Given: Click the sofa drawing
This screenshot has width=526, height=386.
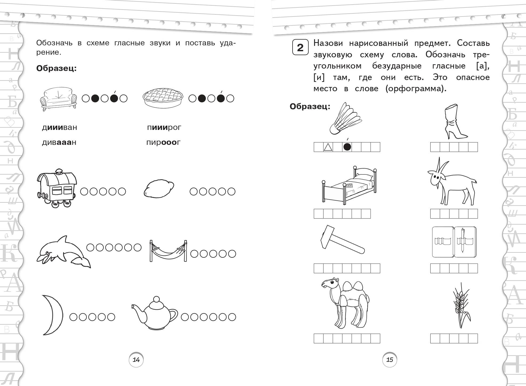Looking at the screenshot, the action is pos(58,99).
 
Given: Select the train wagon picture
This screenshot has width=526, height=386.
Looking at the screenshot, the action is pos(57,188).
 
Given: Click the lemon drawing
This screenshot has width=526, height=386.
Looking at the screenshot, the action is pos(159,188).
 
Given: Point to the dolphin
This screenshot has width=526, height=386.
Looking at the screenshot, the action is pos(63,252).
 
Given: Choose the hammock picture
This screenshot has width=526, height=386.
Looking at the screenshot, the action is pos(168,250).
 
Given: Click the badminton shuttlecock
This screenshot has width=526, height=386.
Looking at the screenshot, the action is pos(346,119).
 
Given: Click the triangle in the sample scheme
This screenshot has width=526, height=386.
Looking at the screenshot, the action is pos(328,147).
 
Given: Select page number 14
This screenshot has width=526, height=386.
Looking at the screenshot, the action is pos(136,360).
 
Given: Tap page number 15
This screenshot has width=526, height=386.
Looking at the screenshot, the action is pos(390,360).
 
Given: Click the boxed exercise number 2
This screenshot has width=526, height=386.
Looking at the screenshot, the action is pos(300,47).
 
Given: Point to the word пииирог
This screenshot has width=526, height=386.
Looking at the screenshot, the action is pos(164,127).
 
